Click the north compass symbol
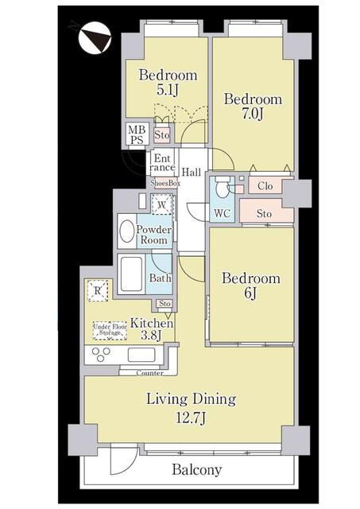tap(95, 37)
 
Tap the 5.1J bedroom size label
tap(168, 90)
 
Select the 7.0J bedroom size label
tap(253, 114)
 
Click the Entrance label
tap(162, 163)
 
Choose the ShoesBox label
tap(165, 183)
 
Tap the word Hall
tap(191, 172)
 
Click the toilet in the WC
tap(223, 188)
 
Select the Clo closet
tap(265, 186)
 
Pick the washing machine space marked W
tap(162, 204)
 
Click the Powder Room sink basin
tap(127, 231)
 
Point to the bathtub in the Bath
tap(131, 274)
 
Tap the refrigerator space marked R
tap(97, 291)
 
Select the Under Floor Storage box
tap(110, 331)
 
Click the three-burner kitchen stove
tap(101, 355)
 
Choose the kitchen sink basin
tap(141, 355)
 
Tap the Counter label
tap(149, 373)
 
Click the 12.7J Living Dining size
tap(191, 418)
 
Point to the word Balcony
tap(197, 470)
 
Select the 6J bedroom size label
tap(250, 293)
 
